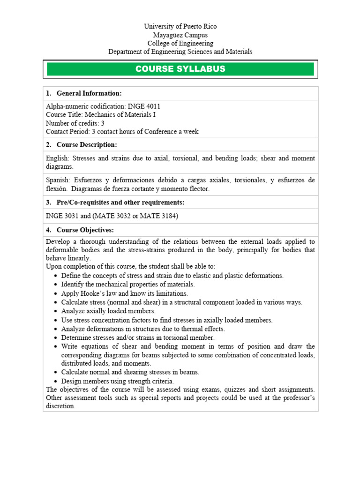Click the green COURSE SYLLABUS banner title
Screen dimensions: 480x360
(x=180, y=69)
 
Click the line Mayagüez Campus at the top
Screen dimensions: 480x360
(x=180, y=35)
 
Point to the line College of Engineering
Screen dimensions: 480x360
(x=180, y=44)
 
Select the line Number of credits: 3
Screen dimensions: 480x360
(x=75, y=123)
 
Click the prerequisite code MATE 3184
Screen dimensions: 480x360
(x=165, y=216)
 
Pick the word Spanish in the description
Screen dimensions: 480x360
(x=57, y=180)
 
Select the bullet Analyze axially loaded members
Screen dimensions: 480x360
(x=108, y=311)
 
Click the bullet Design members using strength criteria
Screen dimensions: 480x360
(x=117, y=381)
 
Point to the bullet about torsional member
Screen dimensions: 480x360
(x=138, y=337)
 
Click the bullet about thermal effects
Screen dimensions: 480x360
(x=143, y=329)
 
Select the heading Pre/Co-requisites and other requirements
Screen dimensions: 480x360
(x=120, y=202)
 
